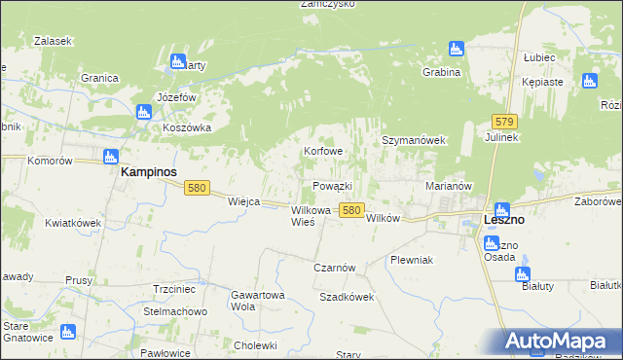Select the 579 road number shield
click(503, 122)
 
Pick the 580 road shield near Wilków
click(352, 210)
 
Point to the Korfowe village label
click(323, 152)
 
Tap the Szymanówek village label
click(413, 140)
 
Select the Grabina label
click(441, 73)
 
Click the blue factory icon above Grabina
click(456, 49)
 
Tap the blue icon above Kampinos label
click(110, 156)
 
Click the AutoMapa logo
click(559, 341)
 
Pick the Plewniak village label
click(411, 261)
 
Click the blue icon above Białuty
click(524, 274)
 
